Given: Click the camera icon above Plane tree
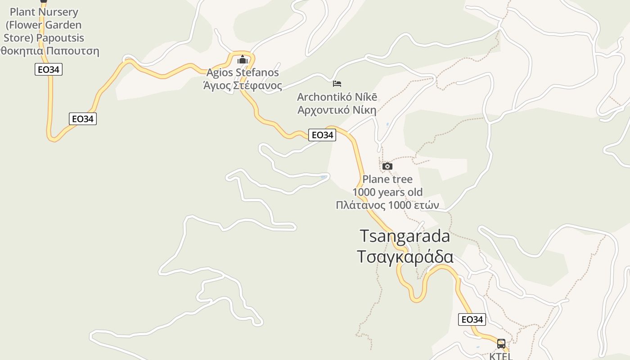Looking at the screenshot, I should [387, 166].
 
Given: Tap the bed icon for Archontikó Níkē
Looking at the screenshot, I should [337, 84].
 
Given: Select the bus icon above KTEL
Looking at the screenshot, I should [501, 344].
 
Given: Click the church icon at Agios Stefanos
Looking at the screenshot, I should [243, 60].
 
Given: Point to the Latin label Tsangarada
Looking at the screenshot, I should [405, 236].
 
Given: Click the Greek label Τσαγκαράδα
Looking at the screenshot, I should [405, 256].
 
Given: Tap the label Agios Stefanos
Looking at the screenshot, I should [243, 72].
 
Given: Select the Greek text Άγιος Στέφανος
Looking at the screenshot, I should [243, 85].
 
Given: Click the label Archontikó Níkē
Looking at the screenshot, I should [337, 97].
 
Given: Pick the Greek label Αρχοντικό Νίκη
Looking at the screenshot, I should [337, 110].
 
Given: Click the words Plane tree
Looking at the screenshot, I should [387, 179].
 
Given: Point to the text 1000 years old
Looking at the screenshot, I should [387, 192].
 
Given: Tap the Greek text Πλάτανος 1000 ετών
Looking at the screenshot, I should [387, 205].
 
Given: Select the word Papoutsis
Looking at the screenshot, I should [60, 38].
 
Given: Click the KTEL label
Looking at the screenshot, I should [501, 356].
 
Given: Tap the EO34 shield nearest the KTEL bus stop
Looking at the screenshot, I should [472, 319].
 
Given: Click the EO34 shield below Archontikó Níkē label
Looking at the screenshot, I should [322, 135].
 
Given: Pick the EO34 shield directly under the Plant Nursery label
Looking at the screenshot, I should [49, 69].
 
